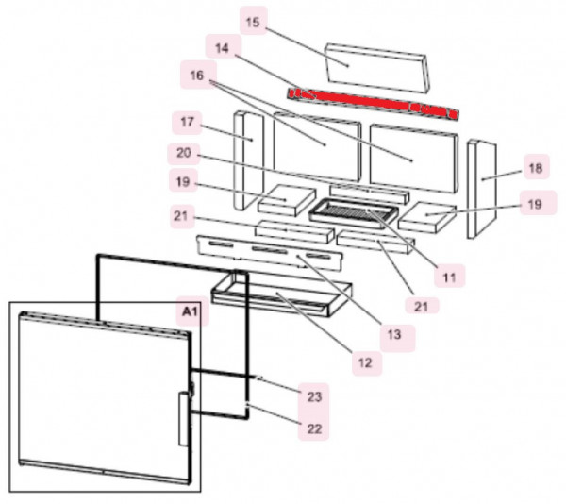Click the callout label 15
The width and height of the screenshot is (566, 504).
(x=252, y=21)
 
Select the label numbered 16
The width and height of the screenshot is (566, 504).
(x=195, y=75)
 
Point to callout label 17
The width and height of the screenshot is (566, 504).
(x=186, y=122)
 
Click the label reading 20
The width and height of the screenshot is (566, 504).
(x=185, y=152)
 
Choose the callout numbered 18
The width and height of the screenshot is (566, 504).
(x=535, y=169)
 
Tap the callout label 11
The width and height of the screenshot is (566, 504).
(x=449, y=277)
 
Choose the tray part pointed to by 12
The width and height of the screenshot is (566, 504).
(x=283, y=294)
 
